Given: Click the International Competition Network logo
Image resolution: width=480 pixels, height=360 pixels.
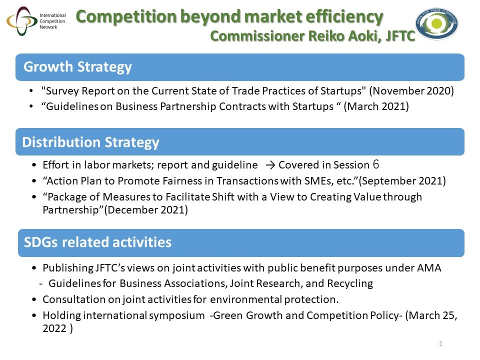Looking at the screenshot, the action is (x=36, y=21).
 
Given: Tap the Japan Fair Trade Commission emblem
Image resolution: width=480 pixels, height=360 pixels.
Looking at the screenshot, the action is (x=437, y=23).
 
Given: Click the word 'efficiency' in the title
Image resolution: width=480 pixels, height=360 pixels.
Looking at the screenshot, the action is (x=344, y=16).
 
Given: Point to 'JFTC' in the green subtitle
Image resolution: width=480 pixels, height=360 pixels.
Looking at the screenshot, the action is (x=400, y=36).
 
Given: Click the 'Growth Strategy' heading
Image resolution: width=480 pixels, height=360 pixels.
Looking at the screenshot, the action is (x=77, y=66).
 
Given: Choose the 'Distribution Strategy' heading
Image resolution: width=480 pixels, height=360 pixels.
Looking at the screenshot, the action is (x=90, y=142).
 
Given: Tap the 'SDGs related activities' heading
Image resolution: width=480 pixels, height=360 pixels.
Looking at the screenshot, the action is (x=97, y=242).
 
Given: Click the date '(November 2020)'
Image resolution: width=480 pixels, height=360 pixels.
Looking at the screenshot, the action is (x=411, y=91).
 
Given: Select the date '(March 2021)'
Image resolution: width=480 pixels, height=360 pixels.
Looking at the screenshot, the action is (x=376, y=106).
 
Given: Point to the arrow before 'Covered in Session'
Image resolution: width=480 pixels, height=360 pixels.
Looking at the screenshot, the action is (x=270, y=165).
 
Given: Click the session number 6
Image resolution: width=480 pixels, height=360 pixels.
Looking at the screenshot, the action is (x=376, y=164).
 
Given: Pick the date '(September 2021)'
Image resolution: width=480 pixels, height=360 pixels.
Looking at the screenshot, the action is (x=402, y=181).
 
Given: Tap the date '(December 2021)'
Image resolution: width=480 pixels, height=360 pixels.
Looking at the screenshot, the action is (x=146, y=210).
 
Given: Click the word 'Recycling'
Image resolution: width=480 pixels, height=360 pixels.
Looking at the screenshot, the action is (x=350, y=284).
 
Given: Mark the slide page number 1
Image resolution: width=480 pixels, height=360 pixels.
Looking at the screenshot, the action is (x=440, y=343).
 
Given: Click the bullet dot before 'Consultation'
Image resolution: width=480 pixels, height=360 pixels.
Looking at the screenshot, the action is (x=34, y=299).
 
